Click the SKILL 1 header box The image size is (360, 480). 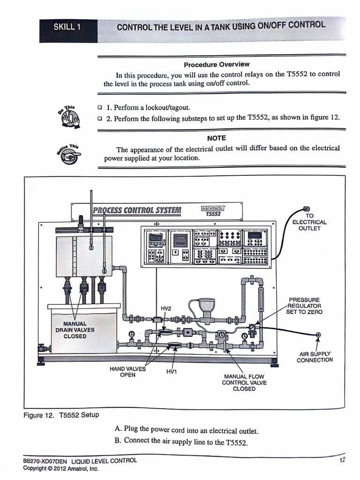67,27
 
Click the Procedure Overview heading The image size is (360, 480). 217,64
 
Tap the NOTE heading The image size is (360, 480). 216,138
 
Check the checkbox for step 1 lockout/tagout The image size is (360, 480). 99,107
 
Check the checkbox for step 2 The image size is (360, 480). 99,119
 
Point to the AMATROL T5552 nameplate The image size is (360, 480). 213,211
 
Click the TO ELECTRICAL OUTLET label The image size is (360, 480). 309,222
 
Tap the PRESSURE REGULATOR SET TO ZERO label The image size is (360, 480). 305,306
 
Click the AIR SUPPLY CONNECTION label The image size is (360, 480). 315,357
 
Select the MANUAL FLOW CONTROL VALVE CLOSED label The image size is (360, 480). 244,382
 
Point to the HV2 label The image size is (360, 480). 166,308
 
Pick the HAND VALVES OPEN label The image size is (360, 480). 127,372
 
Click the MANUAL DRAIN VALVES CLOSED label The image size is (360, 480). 75,330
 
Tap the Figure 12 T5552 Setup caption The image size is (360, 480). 61,415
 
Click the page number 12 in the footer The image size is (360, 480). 342,460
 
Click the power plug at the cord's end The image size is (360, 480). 307,209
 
